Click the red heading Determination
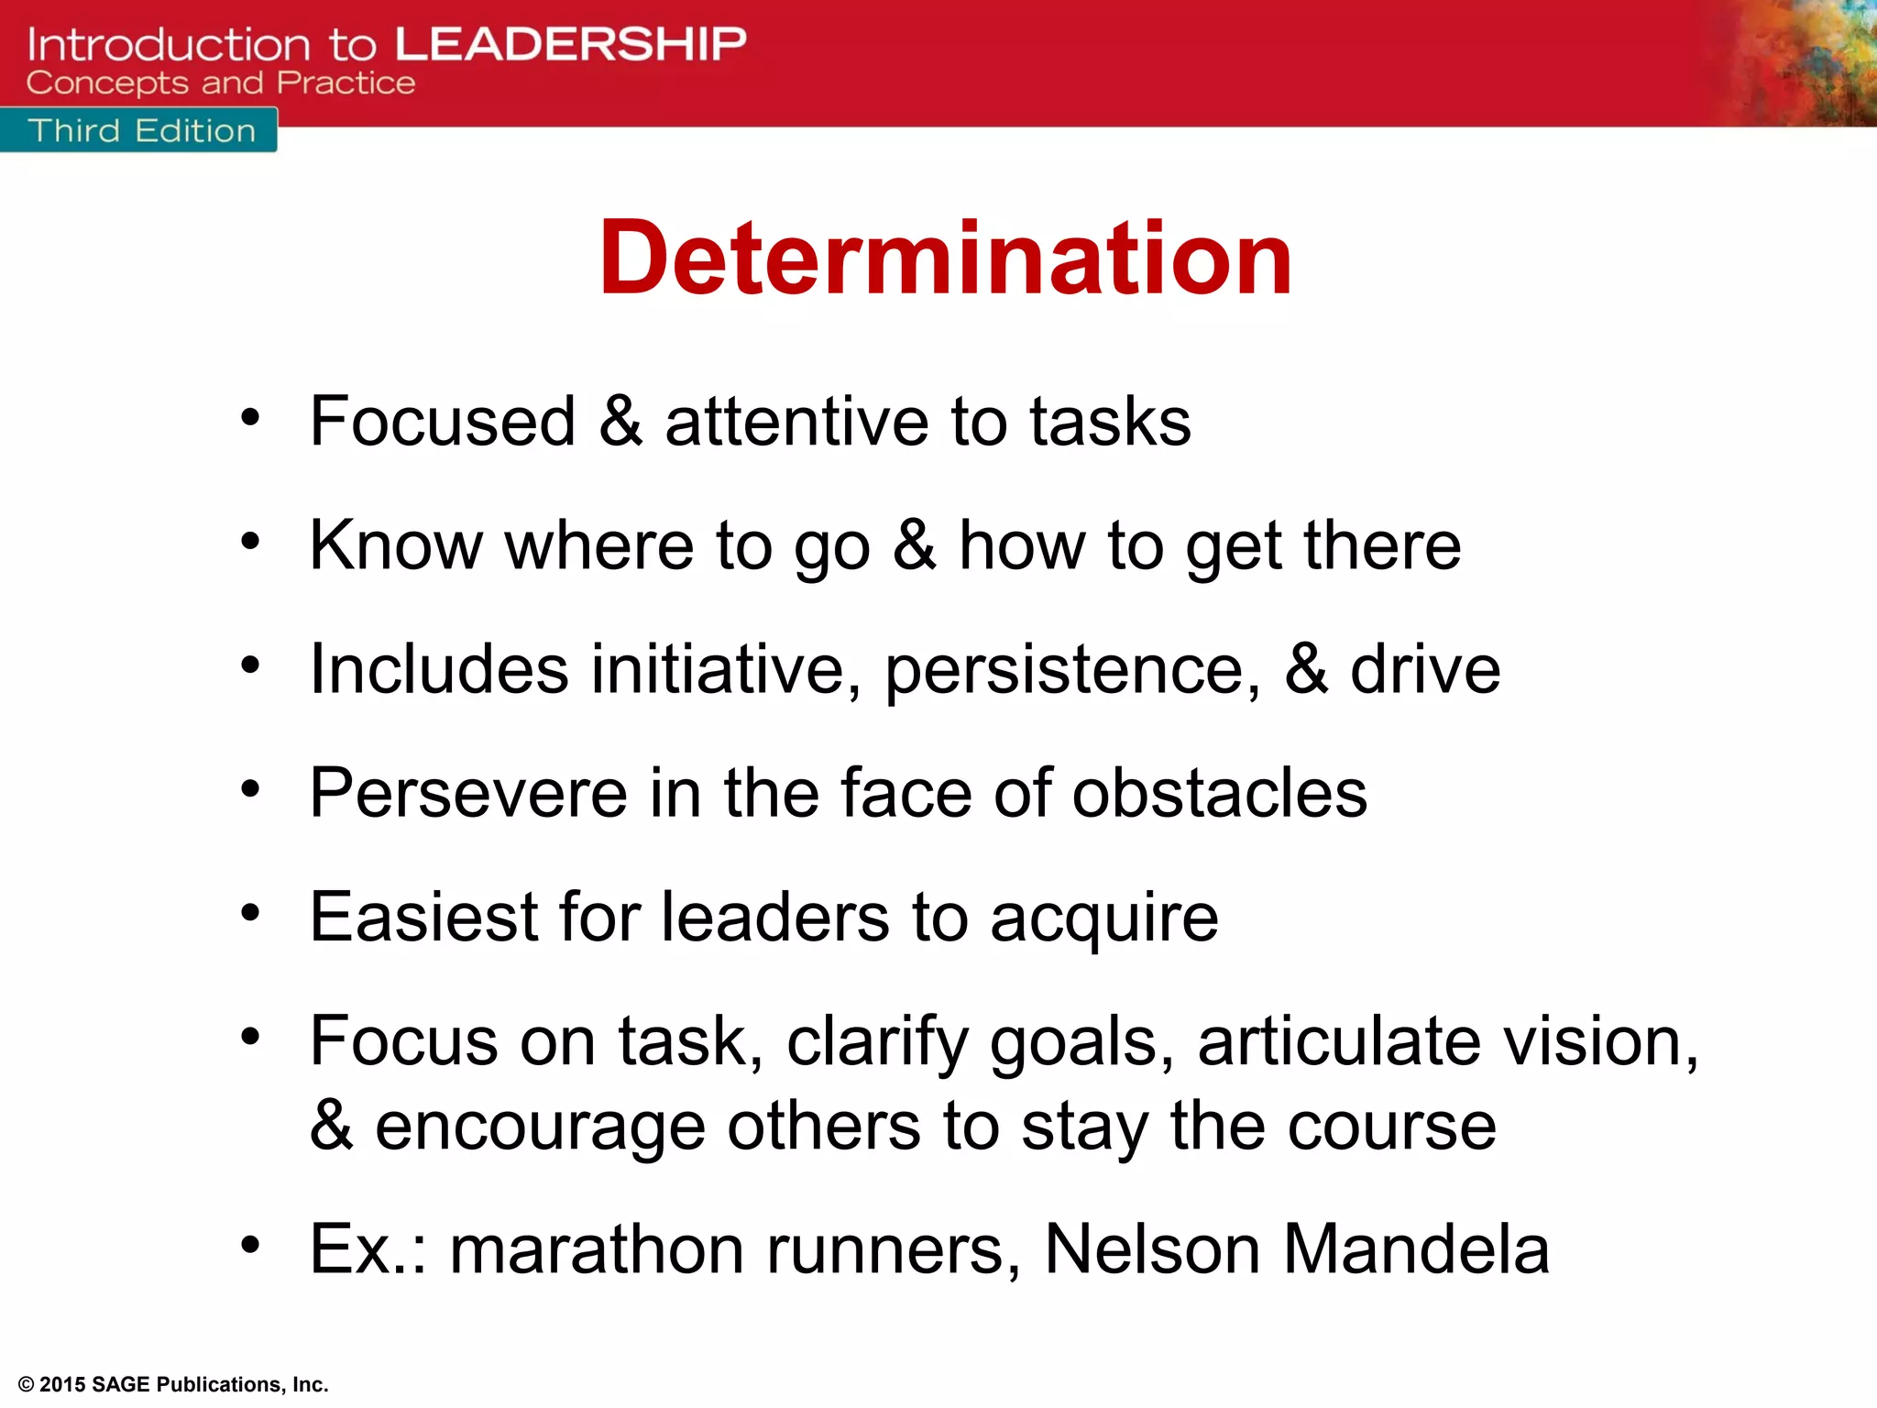click(x=945, y=259)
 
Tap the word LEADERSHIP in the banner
click(x=570, y=44)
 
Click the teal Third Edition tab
click(x=140, y=130)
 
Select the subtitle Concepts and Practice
click(x=220, y=83)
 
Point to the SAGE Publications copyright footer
click(x=172, y=1384)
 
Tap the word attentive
click(x=796, y=421)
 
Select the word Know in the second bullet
click(x=395, y=545)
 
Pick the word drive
click(x=1425, y=669)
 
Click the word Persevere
click(x=467, y=793)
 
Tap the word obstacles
click(x=1219, y=793)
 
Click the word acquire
click(x=1103, y=918)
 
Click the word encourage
click(x=540, y=1127)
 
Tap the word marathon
click(x=597, y=1249)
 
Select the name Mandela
click(x=1416, y=1249)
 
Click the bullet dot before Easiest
click(x=250, y=912)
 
